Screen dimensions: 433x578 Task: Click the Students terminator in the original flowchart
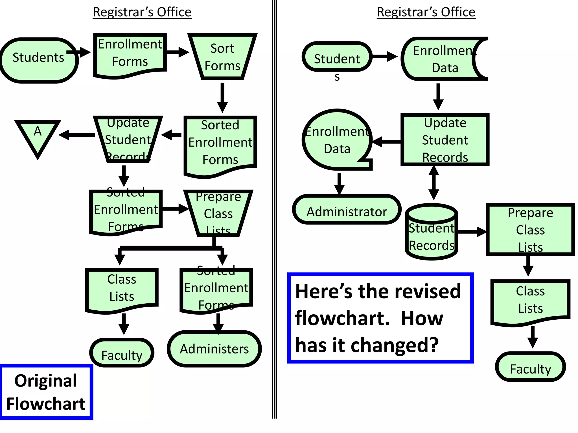[x=39, y=60]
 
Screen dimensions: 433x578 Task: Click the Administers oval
[x=214, y=349]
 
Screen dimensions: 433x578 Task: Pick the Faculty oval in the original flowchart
[x=122, y=353]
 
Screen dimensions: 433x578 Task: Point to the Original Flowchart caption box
[x=46, y=392]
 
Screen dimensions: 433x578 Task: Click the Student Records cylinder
[x=432, y=233]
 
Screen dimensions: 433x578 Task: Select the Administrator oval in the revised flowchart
[x=347, y=210]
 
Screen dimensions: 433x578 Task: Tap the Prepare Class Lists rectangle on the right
[x=530, y=229]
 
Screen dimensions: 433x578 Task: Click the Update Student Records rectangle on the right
[x=445, y=140]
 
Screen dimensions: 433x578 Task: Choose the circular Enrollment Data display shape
[x=337, y=140]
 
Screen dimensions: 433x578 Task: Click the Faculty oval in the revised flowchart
[x=530, y=367]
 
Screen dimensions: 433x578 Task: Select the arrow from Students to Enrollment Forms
[x=79, y=52]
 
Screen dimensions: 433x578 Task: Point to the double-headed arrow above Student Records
[x=433, y=183]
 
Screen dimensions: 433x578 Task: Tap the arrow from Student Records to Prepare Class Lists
[x=471, y=232]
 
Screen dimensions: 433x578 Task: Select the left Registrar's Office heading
[x=142, y=12]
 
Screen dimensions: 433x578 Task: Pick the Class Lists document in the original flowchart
[x=122, y=289]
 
